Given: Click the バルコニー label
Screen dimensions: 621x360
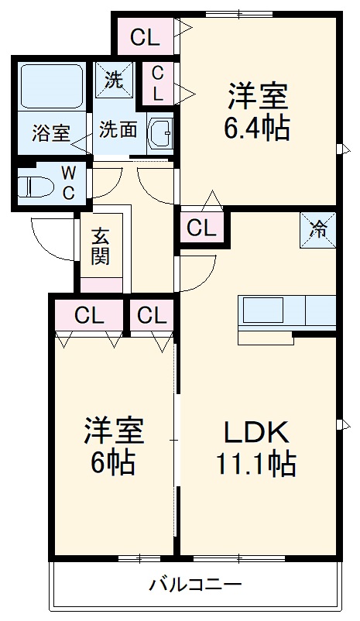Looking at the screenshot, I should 196,585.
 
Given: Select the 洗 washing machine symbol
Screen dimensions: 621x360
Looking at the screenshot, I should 113,81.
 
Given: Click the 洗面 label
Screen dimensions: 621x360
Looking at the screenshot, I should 118,129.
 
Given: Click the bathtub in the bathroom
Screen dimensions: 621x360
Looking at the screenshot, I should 51,87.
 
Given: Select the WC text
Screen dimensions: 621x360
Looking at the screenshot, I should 68,181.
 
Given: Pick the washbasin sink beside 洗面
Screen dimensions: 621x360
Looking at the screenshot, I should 161,131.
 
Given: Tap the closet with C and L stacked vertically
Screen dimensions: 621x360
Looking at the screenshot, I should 158,84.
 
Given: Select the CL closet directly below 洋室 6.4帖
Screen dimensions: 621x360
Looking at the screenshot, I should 201,228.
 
